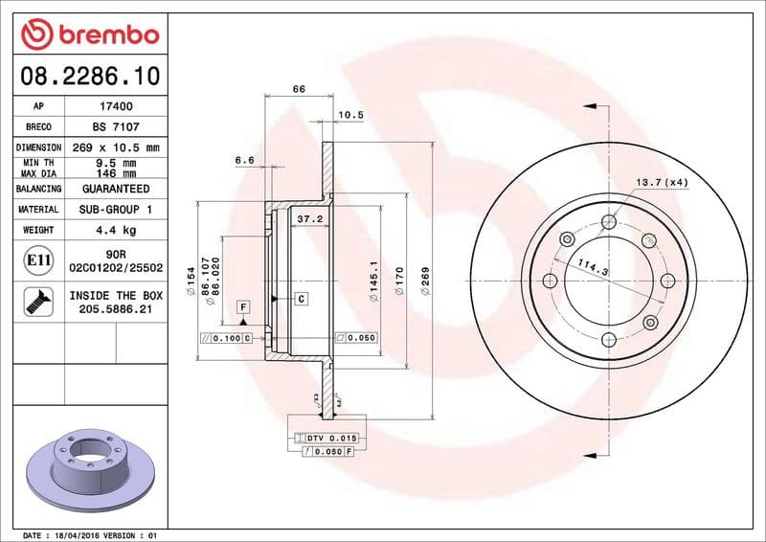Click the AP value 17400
point(115,106)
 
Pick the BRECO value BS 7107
point(115,126)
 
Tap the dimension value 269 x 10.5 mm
point(115,147)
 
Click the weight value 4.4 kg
point(115,230)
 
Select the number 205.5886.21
point(115,310)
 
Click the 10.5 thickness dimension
point(351,115)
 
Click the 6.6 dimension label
point(244,160)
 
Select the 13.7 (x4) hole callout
point(662,182)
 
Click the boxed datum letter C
point(301,299)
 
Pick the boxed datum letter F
point(243,306)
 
